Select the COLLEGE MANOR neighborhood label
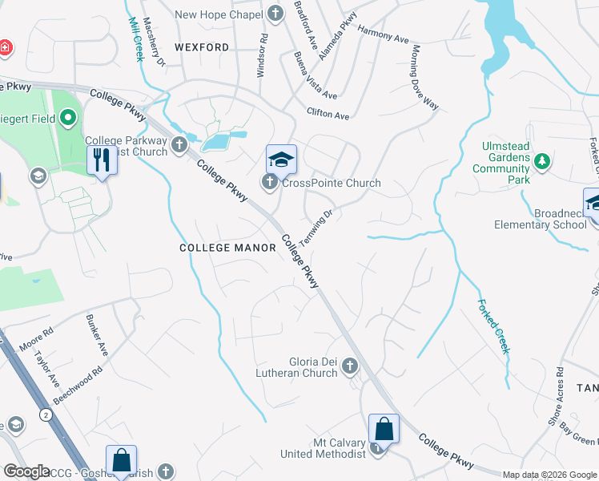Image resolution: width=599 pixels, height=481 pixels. pos(228,249)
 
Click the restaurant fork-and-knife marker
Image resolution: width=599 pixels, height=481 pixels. pos(103,159)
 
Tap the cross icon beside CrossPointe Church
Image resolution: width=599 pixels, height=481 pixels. pos(271,184)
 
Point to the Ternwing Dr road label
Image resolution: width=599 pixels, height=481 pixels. pos(316,228)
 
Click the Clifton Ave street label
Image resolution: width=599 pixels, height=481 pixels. pos(328,115)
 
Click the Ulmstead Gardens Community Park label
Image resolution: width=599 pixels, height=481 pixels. pos(501,164)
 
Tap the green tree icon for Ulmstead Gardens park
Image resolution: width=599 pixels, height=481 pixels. pos(542,163)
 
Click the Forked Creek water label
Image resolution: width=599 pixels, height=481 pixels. pos(493,326)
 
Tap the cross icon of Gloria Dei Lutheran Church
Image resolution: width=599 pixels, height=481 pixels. pos(349,367)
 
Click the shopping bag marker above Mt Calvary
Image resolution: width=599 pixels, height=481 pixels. pos(384,428)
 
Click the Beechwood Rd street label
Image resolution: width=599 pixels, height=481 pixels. pos(78,386)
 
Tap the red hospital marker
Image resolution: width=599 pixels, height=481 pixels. pos(5,47)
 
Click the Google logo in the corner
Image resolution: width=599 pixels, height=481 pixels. pos(27,471)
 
